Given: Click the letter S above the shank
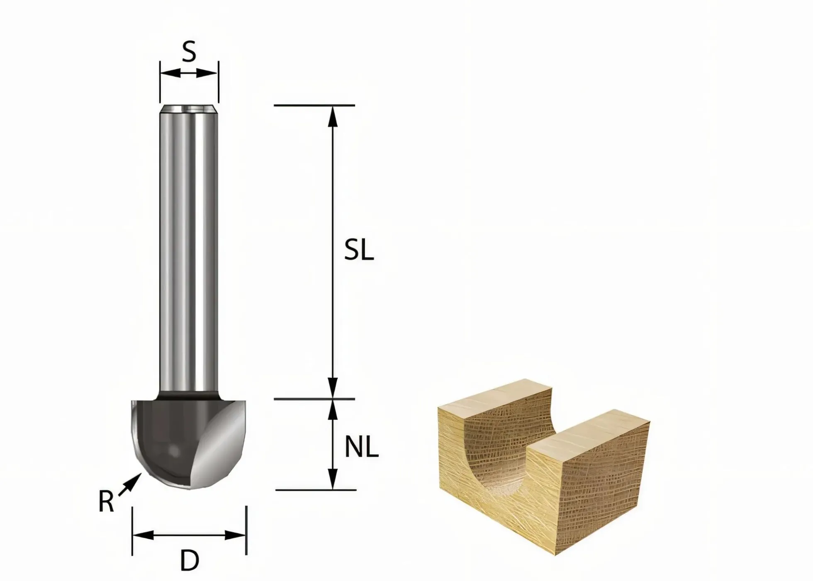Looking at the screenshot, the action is pyautogui.click(x=189, y=52).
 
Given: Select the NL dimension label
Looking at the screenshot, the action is pyautogui.click(x=362, y=447).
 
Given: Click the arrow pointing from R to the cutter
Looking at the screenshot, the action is pyautogui.click(x=129, y=485).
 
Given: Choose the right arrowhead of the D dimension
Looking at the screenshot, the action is pyautogui.click(x=235, y=535).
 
